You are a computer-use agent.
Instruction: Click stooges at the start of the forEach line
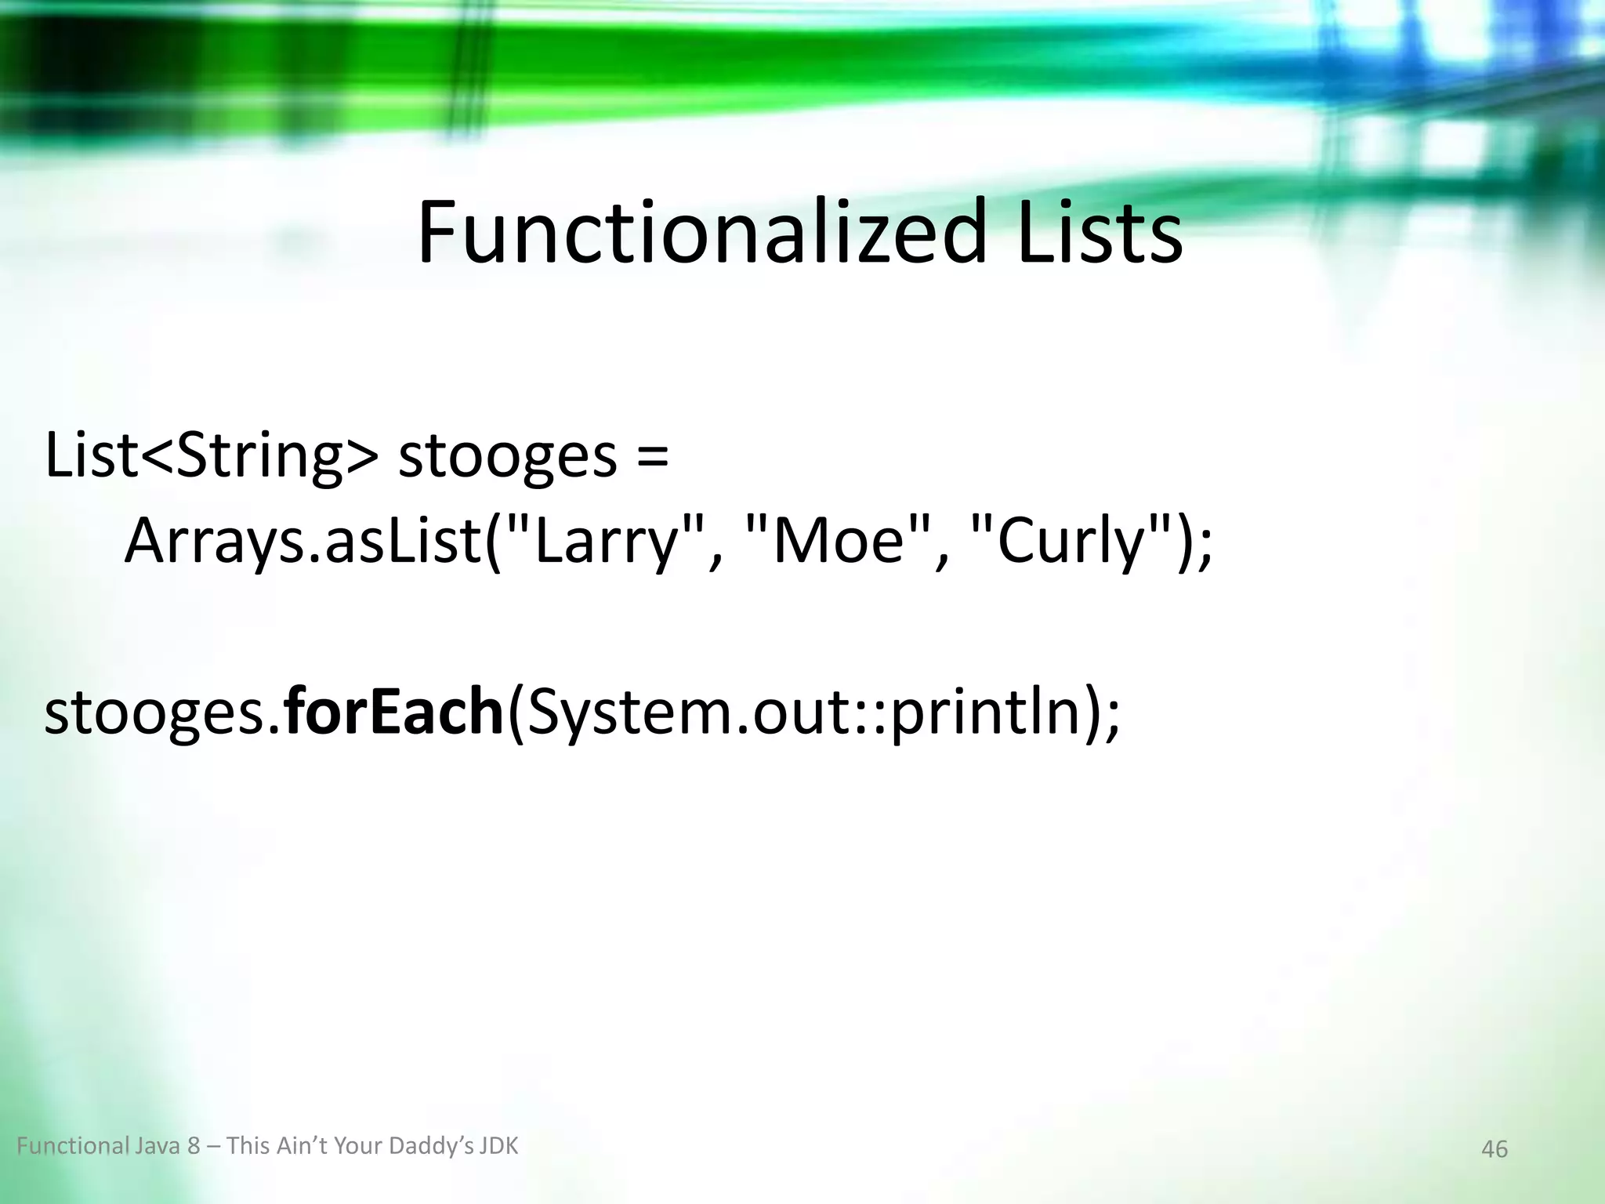156,715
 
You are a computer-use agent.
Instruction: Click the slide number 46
1494,1149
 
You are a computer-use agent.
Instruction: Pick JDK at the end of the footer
499,1146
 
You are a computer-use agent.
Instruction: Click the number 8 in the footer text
194,1146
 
